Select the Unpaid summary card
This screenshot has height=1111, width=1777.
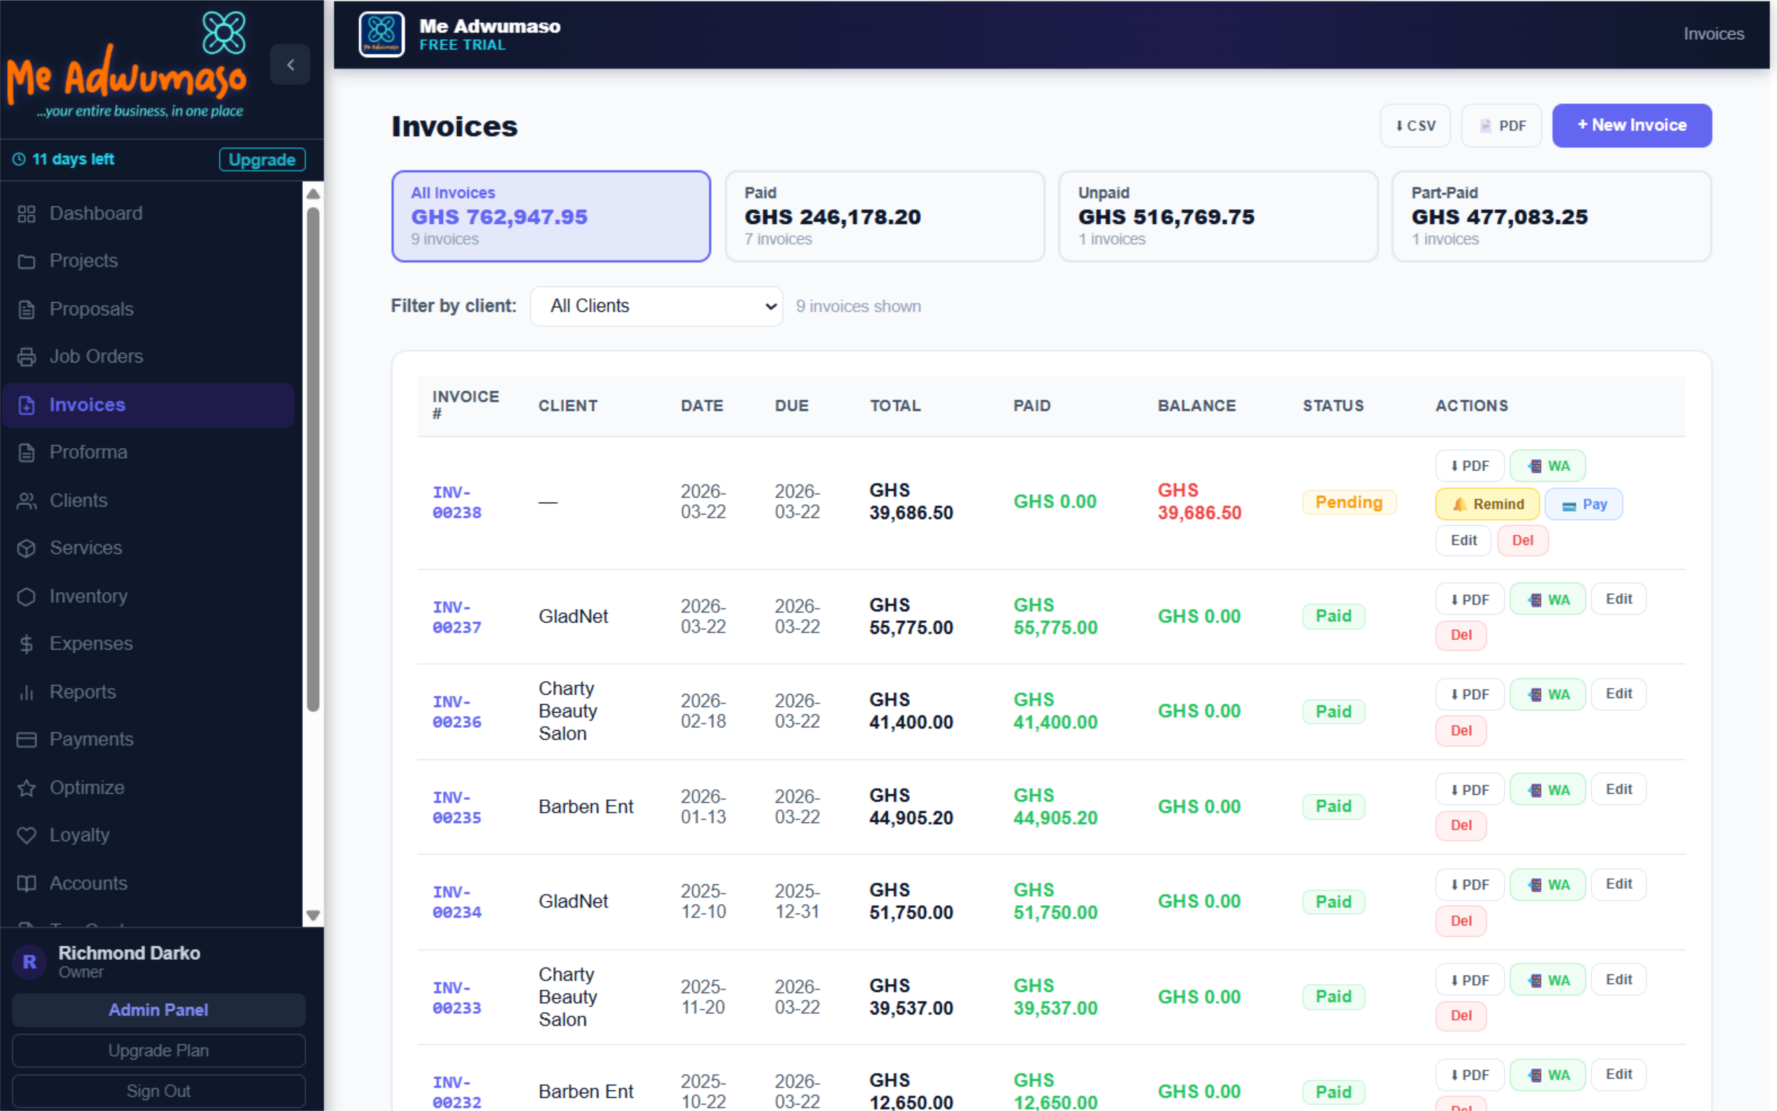[x=1217, y=216]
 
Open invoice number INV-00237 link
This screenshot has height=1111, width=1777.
[x=456, y=617]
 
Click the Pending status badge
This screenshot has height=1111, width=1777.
[x=1348, y=503]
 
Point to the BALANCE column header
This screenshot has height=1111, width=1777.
[x=1196, y=406]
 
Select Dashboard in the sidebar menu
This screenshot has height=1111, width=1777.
[x=96, y=214]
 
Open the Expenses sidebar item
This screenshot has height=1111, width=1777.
[x=91, y=644]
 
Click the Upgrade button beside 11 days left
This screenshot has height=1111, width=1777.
[x=262, y=160]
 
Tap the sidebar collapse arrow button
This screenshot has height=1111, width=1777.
[x=290, y=65]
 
